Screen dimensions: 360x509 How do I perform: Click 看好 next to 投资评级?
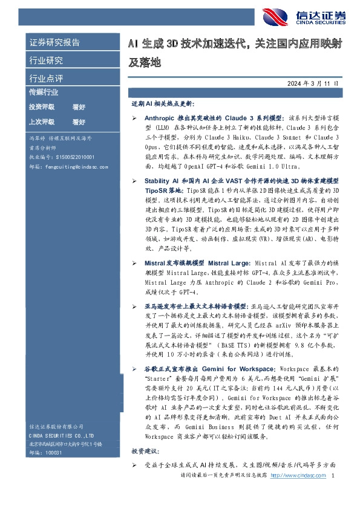pos(79,106)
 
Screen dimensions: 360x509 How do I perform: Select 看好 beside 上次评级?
pos(79,122)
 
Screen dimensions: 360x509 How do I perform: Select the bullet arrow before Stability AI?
pos(134,181)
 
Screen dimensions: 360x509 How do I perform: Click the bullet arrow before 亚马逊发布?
pos(134,307)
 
